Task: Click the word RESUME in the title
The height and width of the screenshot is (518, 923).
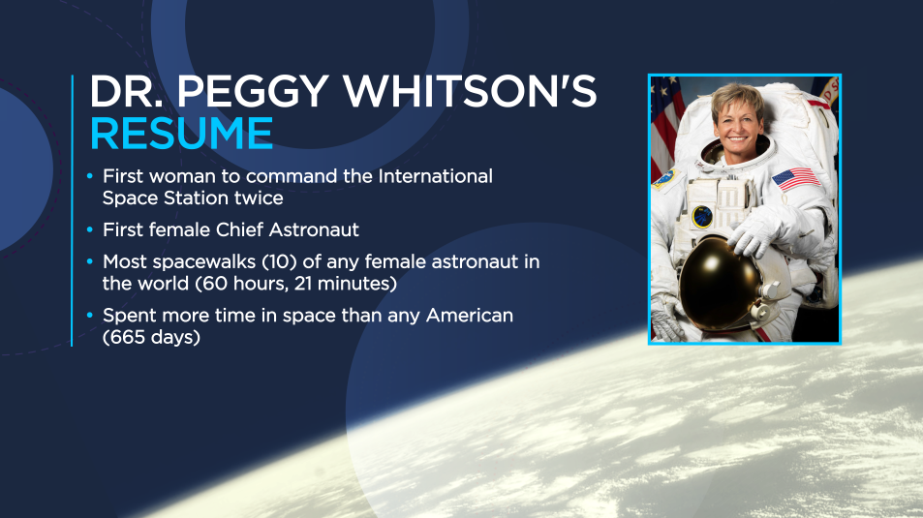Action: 181,134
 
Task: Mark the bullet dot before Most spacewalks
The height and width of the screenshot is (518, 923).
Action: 89,262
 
